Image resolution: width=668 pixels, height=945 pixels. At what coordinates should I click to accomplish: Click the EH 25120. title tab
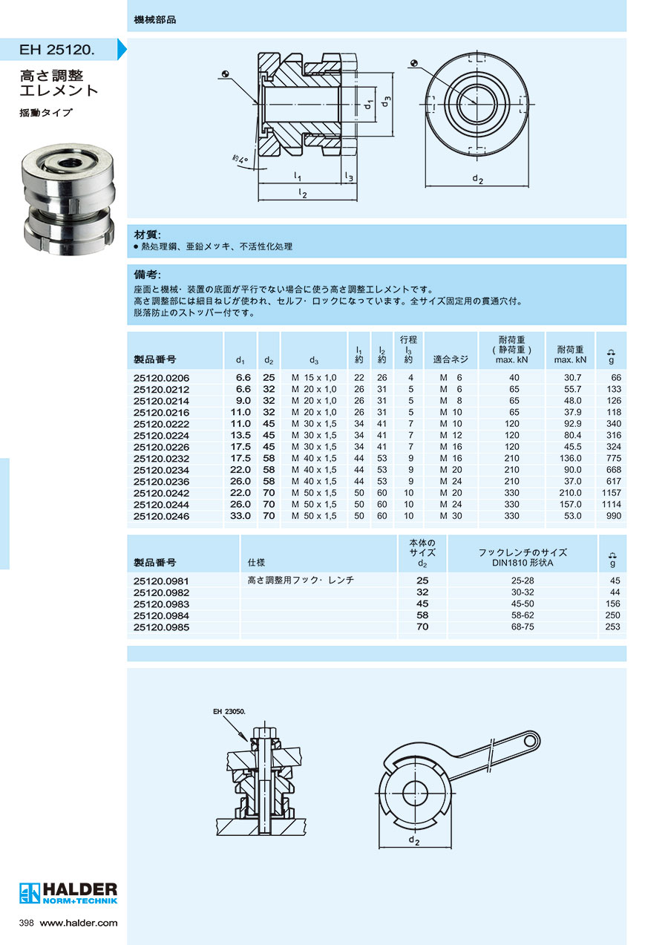59,49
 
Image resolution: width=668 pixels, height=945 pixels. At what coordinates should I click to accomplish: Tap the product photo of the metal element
68,199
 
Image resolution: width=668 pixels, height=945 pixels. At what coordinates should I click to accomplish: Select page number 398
26,923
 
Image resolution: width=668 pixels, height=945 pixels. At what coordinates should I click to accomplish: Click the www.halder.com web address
79,923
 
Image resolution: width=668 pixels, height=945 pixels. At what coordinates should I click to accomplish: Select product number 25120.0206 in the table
161,378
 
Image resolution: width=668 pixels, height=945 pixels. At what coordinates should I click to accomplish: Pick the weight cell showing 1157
611,493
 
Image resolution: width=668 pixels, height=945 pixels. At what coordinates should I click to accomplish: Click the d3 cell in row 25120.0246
314,516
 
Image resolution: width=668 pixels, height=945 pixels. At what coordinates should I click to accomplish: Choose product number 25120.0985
161,627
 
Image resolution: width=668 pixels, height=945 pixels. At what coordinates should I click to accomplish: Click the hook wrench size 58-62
523,615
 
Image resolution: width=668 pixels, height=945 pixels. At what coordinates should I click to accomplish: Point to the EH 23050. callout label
229,712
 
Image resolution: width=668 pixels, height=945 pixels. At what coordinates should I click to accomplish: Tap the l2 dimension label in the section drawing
302,193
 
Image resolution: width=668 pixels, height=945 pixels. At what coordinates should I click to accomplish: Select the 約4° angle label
240,160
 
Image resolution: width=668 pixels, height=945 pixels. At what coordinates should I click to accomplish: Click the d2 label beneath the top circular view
477,179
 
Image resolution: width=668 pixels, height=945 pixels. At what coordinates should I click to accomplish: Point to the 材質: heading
147,235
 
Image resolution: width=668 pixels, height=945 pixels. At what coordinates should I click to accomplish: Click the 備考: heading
147,275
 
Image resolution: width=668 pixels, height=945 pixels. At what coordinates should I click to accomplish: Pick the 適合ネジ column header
451,359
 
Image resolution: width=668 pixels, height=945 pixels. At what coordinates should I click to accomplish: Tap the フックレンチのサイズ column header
523,552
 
